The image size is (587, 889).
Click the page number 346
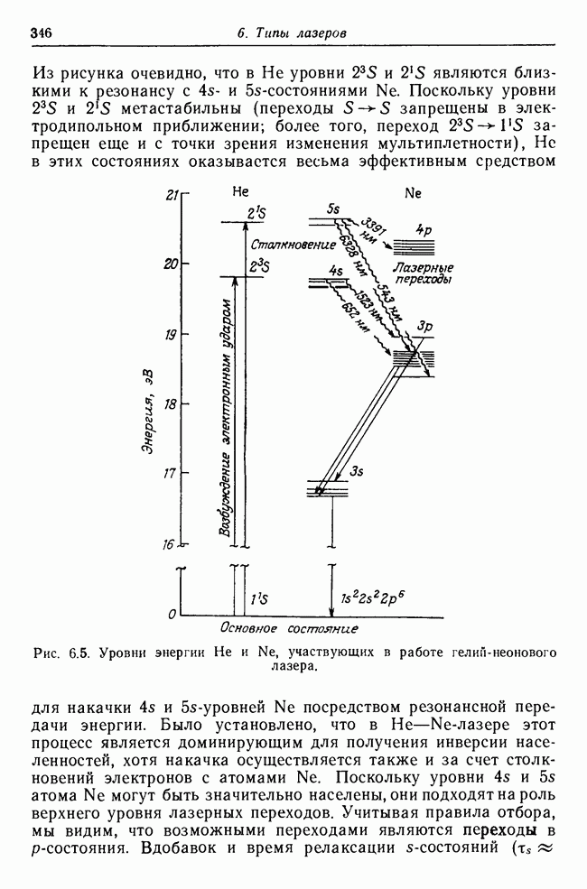point(42,33)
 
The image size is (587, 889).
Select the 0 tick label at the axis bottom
point(172,615)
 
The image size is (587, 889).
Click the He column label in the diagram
point(240,193)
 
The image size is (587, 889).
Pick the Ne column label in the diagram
point(414,193)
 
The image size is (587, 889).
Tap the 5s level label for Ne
point(334,210)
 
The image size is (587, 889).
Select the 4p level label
point(424,230)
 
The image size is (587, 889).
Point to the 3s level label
point(357,470)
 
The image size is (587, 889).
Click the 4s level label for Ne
point(336,271)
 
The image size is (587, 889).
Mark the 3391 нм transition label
point(370,233)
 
